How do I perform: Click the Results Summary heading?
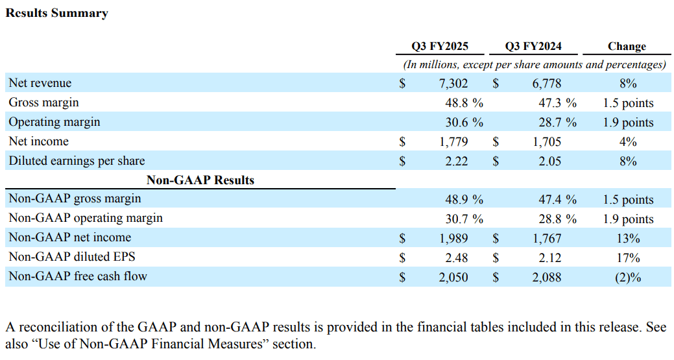pyautogui.click(x=56, y=13)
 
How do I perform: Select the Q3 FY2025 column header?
pyautogui.click(x=440, y=46)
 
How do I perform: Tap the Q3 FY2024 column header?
pyautogui.click(x=533, y=46)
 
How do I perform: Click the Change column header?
pyautogui.click(x=627, y=46)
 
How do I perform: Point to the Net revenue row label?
pyautogui.click(x=40, y=82)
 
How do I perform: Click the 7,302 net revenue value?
pyautogui.click(x=453, y=83)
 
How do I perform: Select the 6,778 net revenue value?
pyautogui.click(x=547, y=83)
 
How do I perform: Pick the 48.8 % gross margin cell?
pyautogui.click(x=464, y=102)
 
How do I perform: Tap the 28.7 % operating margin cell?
pyautogui.click(x=557, y=123)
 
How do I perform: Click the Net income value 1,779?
pyautogui.click(x=453, y=142)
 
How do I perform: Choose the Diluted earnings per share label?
pyautogui.click(x=77, y=161)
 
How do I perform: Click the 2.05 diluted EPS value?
pyautogui.click(x=550, y=161)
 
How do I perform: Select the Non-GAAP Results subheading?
pyautogui.click(x=200, y=180)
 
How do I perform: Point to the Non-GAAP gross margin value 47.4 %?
pyautogui.click(x=557, y=200)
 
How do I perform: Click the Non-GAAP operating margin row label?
pyautogui.click(x=86, y=218)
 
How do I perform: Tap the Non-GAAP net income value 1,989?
pyautogui.click(x=453, y=239)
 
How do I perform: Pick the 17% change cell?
pyautogui.click(x=628, y=258)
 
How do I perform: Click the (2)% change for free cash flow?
pyautogui.click(x=628, y=278)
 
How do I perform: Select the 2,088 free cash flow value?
pyautogui.click(x=547, y=278)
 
